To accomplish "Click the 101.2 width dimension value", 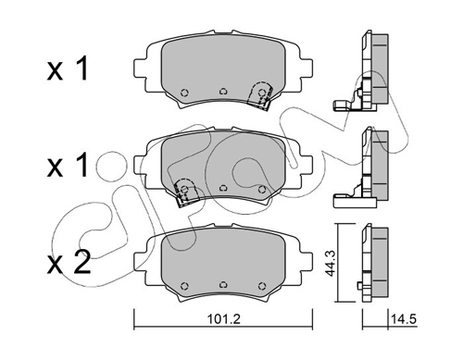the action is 223,319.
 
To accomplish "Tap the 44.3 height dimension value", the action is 331,263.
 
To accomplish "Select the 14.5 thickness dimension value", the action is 404,319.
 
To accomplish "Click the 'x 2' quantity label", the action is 69,263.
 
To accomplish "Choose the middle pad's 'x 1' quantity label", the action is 68,166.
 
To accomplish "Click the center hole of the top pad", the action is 223,92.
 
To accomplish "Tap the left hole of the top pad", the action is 184,93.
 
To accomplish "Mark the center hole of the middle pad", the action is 223,188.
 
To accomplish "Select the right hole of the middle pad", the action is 262,189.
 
